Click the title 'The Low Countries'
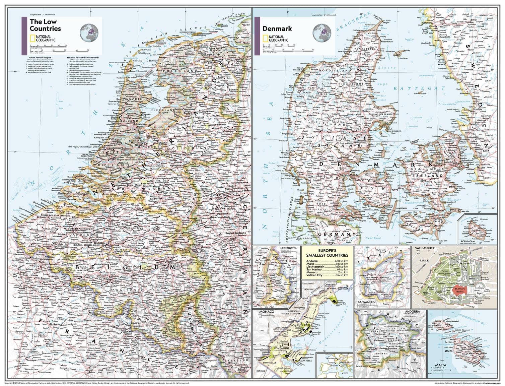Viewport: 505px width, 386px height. point(45,25)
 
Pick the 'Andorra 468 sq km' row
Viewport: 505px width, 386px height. point(327,261)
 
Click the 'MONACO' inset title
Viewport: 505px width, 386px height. point(265,312)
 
